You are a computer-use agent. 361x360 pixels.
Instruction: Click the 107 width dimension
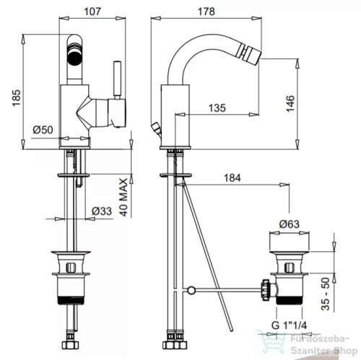tap(92, 12)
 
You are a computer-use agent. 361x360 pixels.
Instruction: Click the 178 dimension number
tap(206, 12)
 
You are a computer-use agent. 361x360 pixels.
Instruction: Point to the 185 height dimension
tap(17, 98)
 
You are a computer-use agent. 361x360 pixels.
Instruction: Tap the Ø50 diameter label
tap(43, 130)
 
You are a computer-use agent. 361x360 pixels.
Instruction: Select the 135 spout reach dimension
tap(217, 108)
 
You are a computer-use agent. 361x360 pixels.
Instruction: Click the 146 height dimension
tap(290, 103)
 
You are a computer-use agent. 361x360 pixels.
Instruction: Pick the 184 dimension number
tap(232, 178)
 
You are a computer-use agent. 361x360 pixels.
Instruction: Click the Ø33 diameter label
tap(102, 211)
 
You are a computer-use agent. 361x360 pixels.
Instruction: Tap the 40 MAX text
tap(123, 197)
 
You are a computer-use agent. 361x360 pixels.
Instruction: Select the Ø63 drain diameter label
tap(290, 224)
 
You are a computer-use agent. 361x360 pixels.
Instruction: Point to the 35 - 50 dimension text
tap(325, 294)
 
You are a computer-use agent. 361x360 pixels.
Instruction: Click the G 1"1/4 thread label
tap(289, 325)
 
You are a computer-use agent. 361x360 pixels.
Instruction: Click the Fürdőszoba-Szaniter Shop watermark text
tap(323, 345)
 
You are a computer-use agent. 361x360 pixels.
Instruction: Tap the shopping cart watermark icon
tap(271, 342)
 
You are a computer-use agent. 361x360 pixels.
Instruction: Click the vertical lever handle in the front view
tap(117, 80)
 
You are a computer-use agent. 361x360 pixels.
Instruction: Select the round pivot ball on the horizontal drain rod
tap(191, 290)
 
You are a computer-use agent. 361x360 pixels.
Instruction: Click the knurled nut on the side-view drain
tap(266, 289)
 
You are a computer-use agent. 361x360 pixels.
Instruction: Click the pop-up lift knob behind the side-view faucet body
tap(155, 128)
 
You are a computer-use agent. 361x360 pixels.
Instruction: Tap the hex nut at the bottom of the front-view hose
tap(71, 345)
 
